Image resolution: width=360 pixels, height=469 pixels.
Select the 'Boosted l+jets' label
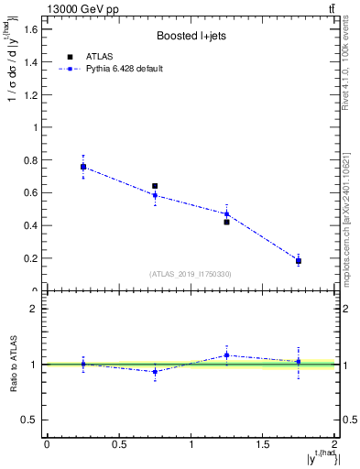click(191, 37)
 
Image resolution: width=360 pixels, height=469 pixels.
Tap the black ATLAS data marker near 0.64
click(155, 186)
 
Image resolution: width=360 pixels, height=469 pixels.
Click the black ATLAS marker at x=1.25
click(226, 222)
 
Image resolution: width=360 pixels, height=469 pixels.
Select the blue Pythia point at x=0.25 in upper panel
click(83, 167)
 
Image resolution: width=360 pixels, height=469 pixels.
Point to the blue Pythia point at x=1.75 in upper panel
click(299, 261)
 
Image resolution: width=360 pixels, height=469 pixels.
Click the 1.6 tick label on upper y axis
click(30, 29)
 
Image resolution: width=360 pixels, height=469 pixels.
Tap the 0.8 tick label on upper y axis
click(30, 160)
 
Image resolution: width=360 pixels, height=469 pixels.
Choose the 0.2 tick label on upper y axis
click(30, 258)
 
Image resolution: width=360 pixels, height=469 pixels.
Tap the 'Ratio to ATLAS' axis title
click(13, 364)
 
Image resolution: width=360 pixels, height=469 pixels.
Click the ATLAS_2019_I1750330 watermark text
click(191, 274)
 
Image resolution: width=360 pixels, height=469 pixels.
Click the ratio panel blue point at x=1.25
click(226, 355)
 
